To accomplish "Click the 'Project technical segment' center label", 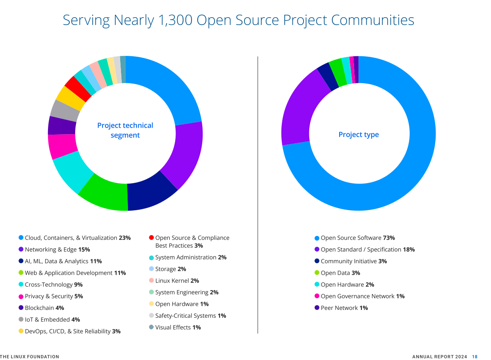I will tap(125, 130).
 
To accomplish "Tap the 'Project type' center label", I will tap(359, 135).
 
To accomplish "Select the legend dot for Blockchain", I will tap(21, 307).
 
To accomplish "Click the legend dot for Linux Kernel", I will tap(151, 280).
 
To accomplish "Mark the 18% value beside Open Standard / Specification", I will tap(409, 250).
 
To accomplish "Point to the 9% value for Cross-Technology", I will tap(78, 284).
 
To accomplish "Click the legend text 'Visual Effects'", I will tap(173, 327).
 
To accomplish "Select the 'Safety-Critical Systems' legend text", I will tap(185, 316).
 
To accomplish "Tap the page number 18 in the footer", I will tap(475, 357).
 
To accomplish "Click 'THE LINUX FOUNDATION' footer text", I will tap(30, 357).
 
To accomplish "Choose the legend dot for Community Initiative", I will tap(317, 261).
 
